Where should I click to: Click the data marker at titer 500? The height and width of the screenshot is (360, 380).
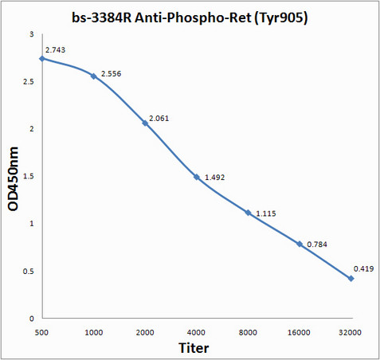coord(42,59)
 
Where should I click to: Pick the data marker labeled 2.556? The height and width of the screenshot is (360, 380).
coord(93,76)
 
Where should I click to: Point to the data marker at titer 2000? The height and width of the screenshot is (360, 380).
coord(145,123)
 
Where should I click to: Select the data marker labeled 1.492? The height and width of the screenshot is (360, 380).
coord(197,177)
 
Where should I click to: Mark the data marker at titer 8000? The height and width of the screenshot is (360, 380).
coord(248,213)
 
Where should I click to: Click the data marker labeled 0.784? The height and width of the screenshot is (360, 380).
coord(300,244)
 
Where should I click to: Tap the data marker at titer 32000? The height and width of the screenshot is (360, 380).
coord(351,278)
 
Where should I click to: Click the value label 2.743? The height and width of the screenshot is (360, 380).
coord(56,50)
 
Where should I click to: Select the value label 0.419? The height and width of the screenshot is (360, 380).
coord(362,270)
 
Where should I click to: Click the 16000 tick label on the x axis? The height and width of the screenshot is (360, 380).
coord(300,329)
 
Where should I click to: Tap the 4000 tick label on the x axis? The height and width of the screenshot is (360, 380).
coord(197,329)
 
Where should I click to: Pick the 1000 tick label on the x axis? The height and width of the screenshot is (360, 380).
coord(93,329)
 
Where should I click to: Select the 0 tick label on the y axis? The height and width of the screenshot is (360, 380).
coord(32,318)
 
